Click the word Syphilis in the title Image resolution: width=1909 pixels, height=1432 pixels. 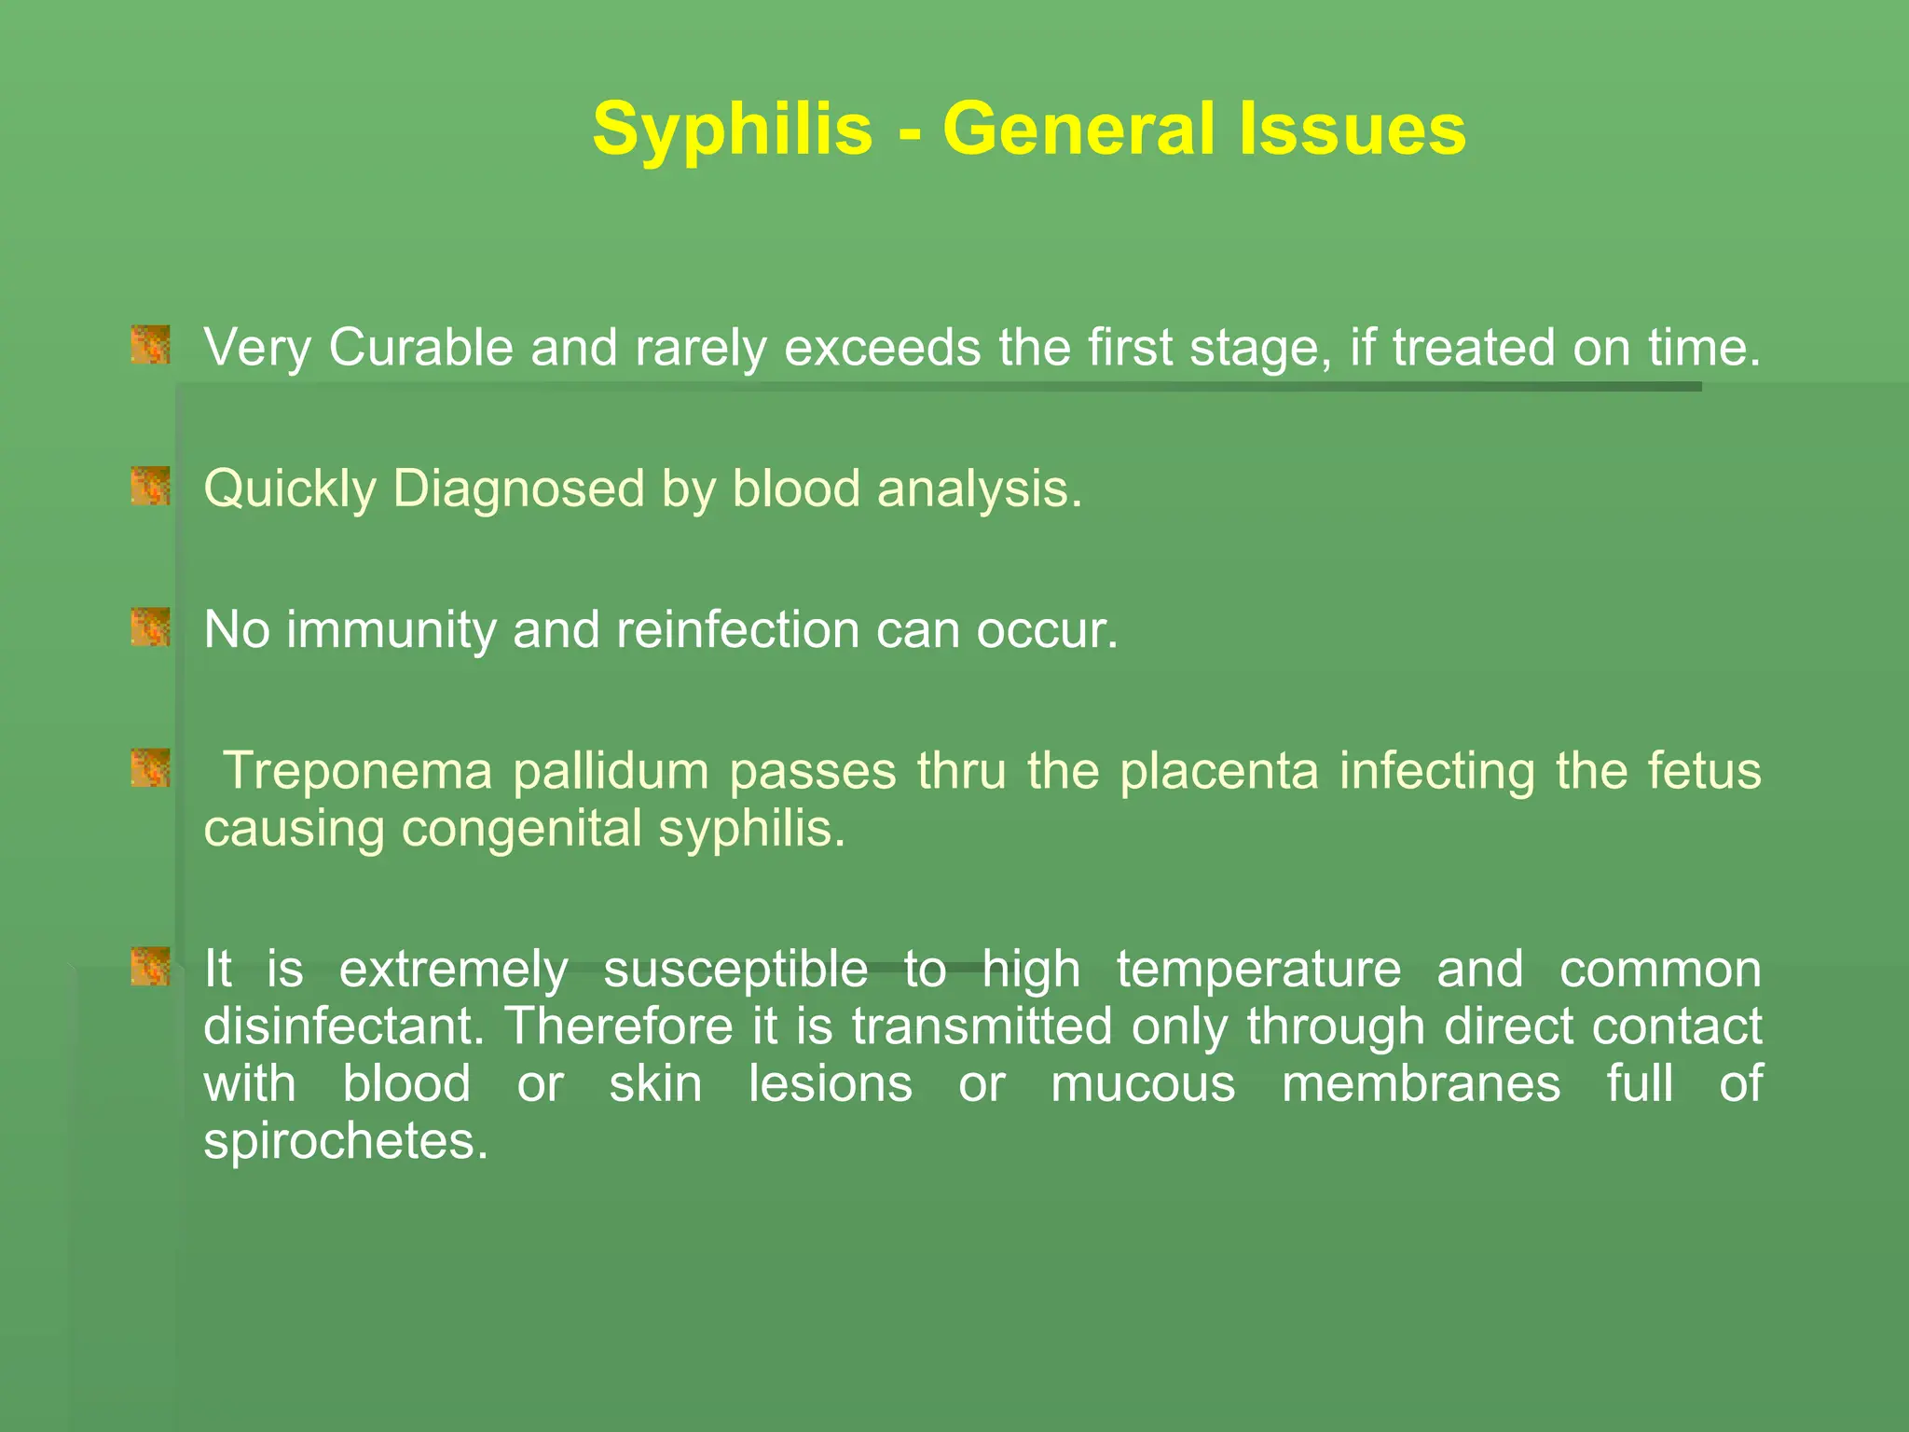(733, 131)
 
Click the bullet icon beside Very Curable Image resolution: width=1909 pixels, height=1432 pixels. (150, 345)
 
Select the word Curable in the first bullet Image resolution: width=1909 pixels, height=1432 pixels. (420, 348)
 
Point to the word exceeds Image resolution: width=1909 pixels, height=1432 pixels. (884, 348)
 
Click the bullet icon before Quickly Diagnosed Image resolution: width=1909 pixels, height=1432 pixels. (150, 486)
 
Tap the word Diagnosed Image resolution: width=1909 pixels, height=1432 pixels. (518, 489)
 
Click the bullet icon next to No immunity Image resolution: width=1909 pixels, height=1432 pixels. (150, 626)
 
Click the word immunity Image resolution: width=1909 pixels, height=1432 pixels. (391, 630)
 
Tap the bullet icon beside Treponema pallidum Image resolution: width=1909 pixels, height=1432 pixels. (150, 768)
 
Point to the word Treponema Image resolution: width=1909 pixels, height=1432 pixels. (360, 772)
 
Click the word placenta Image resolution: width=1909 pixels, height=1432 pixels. (1218, 772)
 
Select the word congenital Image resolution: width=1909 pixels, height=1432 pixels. (521, 829)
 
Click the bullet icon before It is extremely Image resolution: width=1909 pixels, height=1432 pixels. (150, 967)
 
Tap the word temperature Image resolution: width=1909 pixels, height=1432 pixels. (1258, 970)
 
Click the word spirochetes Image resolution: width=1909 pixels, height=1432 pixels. (345, 1141)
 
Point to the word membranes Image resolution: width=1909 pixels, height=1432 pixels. (1421, 1084)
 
